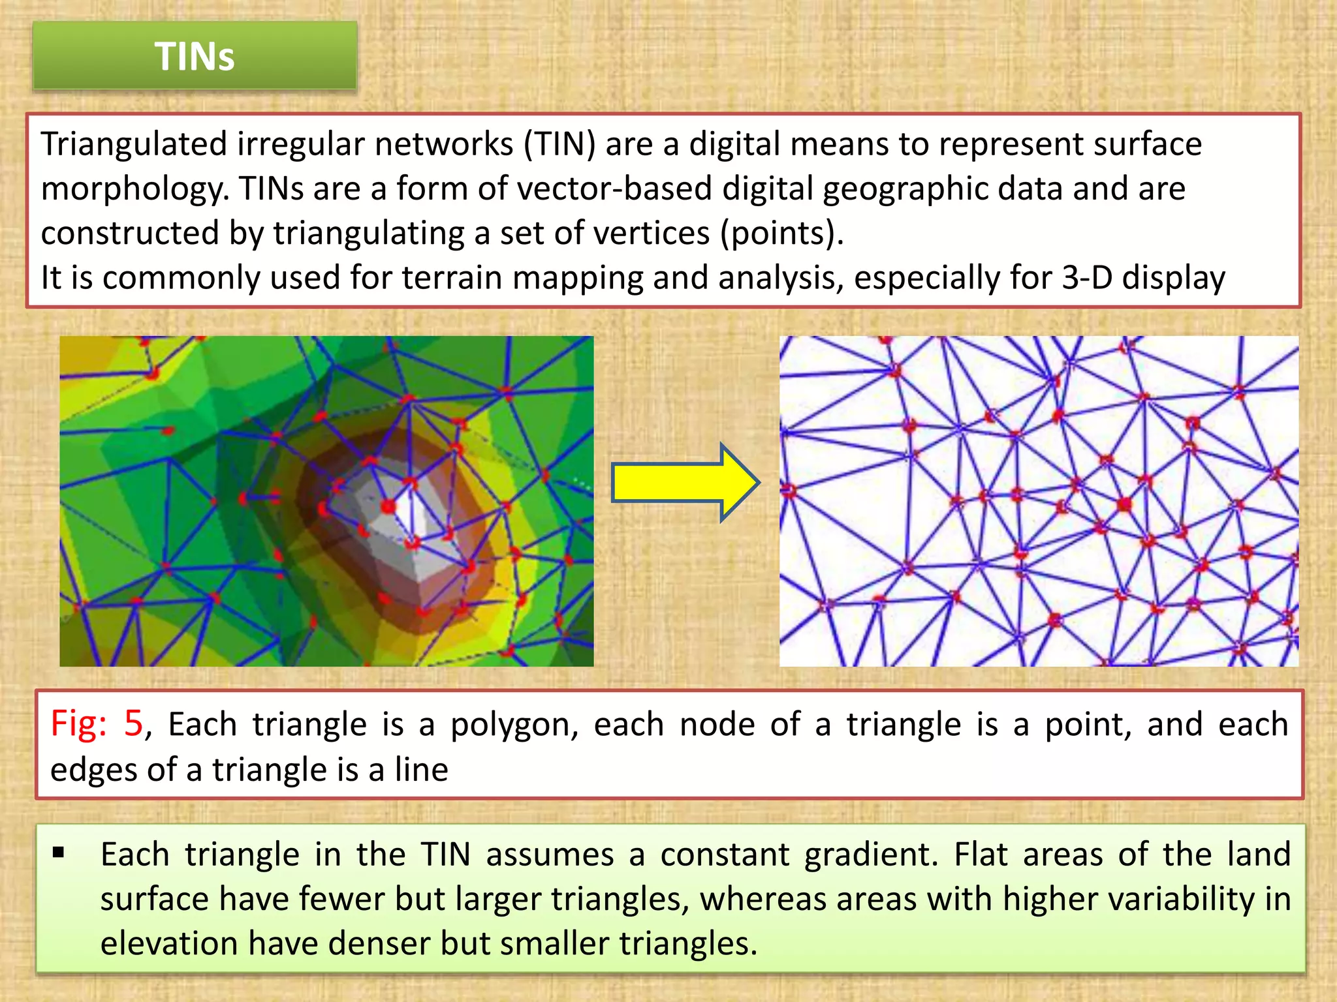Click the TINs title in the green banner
pos(195,56)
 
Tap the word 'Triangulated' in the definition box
pos(134,144)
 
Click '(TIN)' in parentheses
pos(559,144)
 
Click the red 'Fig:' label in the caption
pos(79,724)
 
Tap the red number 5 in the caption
pos(133,724)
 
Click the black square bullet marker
pos(59,852)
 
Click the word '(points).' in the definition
pos(782,234)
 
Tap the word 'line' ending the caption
pos(421,770)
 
